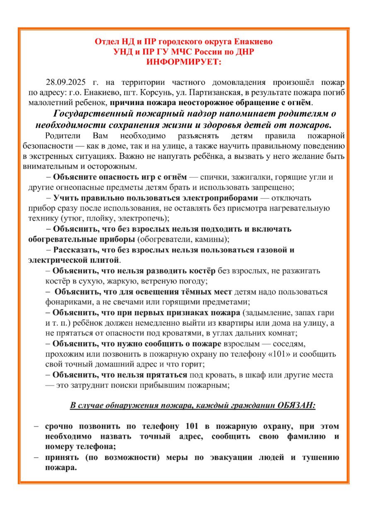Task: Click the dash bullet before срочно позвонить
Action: pos(36,426)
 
